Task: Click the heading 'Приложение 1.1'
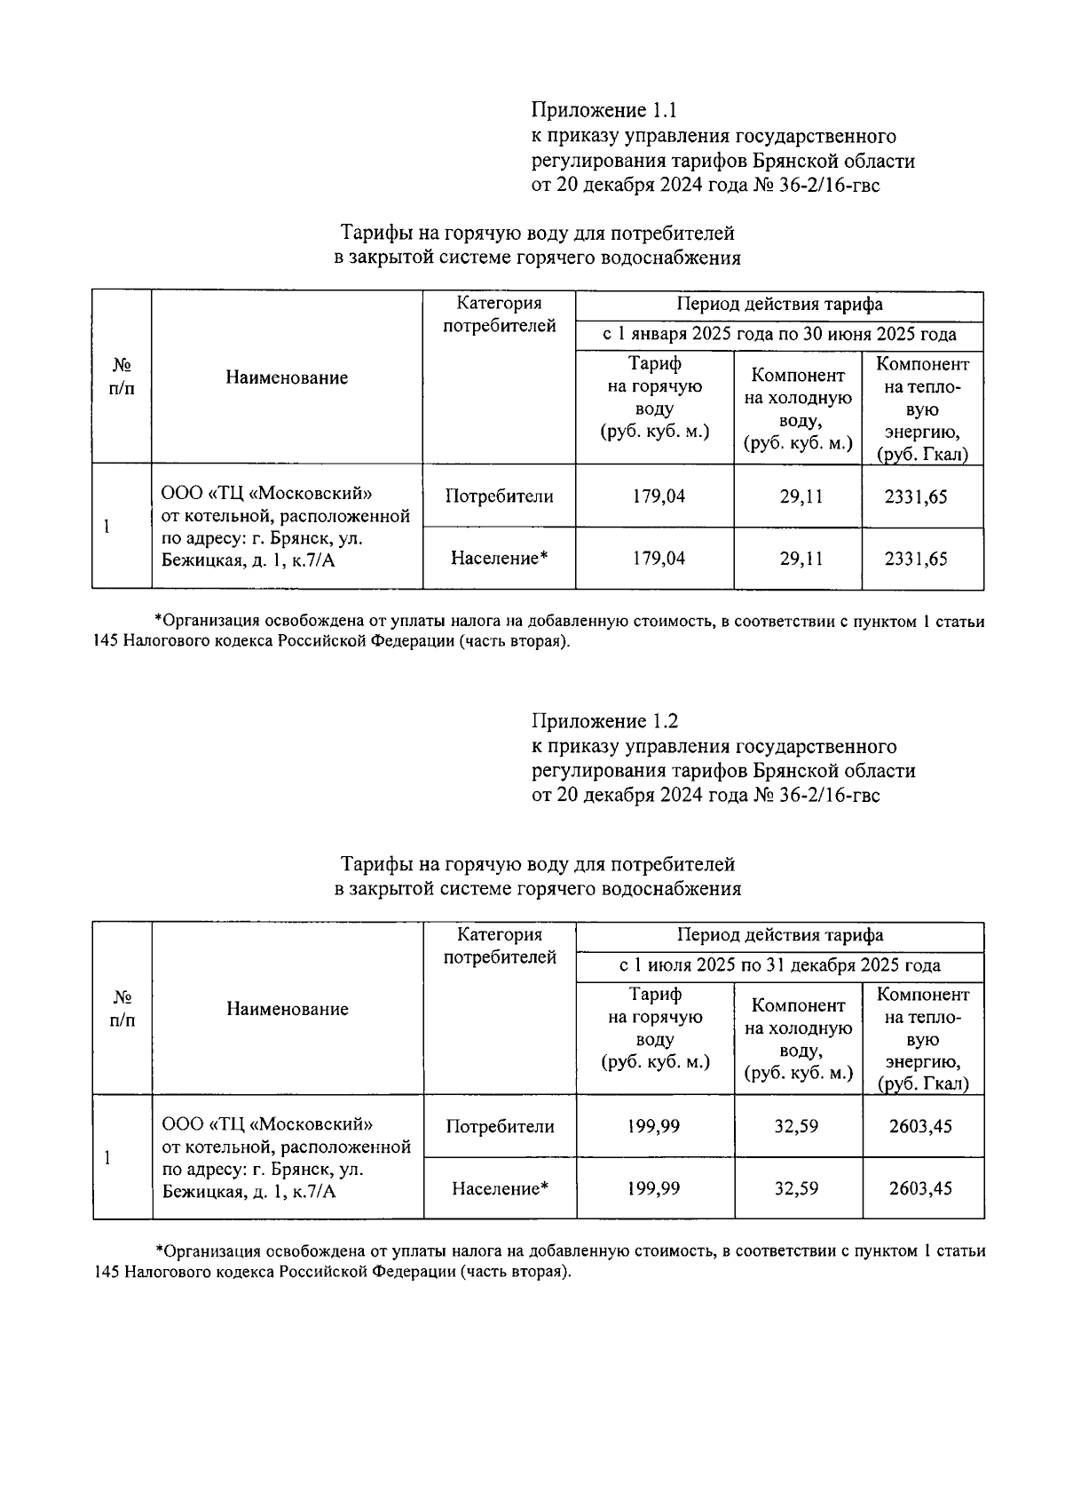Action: click(603, 111)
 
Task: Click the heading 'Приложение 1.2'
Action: click(604, 721)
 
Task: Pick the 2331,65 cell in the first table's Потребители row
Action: click(921, 496)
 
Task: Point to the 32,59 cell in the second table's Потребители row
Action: click(796, 1126)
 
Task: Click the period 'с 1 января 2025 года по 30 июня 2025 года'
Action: click(779, 335)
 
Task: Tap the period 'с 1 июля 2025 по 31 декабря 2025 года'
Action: click(779, 965)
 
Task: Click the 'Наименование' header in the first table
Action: click(287, 377)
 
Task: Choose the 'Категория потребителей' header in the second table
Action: click(499, 946)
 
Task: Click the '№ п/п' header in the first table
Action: click(122, 377)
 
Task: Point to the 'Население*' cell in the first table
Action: click(499, 559)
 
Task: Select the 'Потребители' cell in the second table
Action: click(500, 1126)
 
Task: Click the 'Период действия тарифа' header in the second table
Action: click(779, 935)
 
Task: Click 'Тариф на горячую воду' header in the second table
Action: click(655, 1028)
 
